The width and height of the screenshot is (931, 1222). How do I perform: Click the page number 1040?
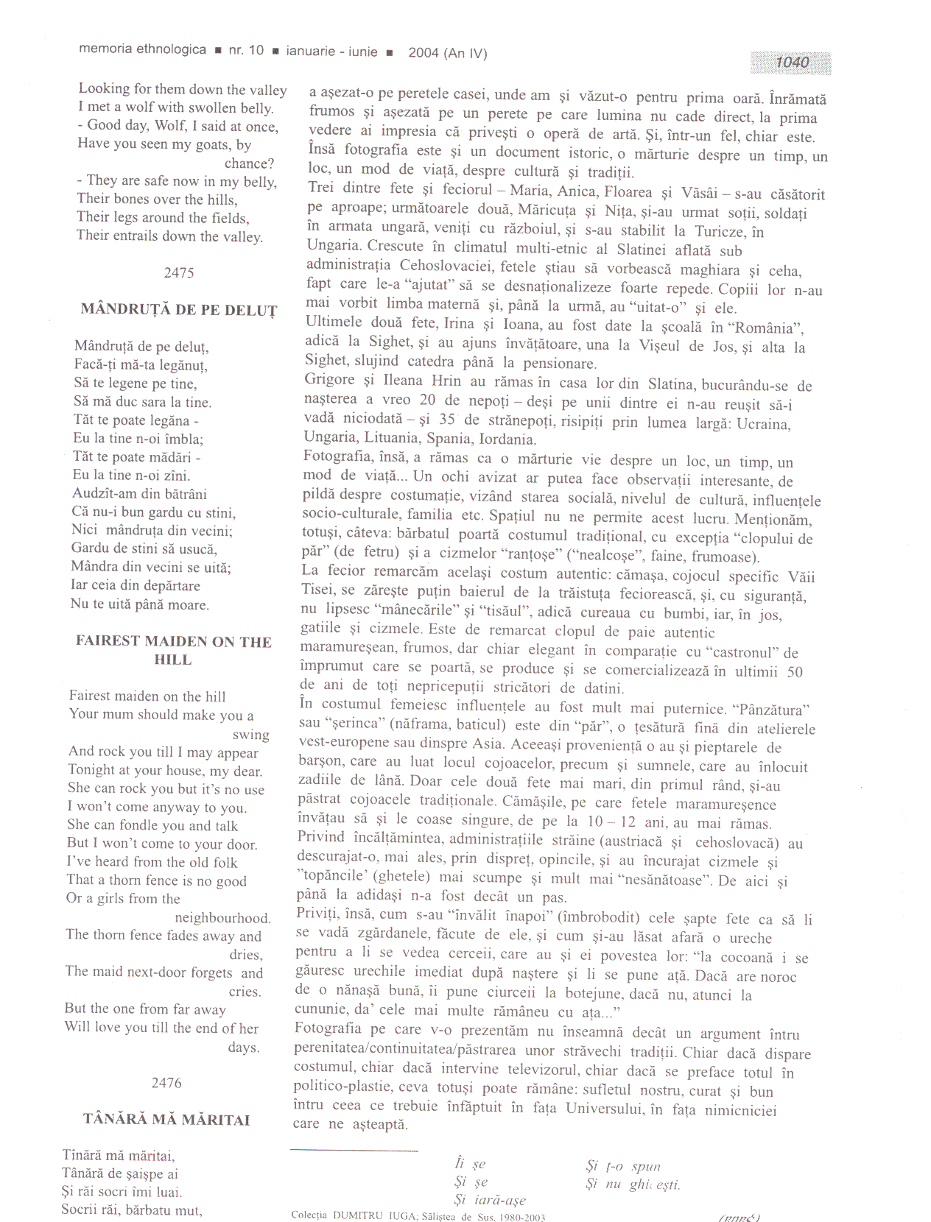coord(792,63)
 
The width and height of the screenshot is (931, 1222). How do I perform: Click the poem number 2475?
coord(179,273)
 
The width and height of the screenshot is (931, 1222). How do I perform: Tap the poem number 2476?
coord(166,1083)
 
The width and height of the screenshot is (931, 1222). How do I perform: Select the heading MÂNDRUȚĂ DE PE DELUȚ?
coord(179,310)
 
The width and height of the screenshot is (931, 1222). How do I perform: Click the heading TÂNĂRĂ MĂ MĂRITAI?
coord(166,1120)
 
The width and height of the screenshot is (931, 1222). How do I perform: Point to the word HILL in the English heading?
coord(173,660)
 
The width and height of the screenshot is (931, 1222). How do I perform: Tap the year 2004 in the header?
coord(424,52)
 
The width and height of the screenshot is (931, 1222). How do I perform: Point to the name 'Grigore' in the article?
coord(330,381)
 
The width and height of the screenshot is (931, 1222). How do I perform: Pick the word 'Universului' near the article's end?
coord(603,1109)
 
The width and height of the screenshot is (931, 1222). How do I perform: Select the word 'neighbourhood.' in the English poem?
coord(222,918)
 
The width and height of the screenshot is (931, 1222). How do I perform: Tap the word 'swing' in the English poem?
coord(250,735)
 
